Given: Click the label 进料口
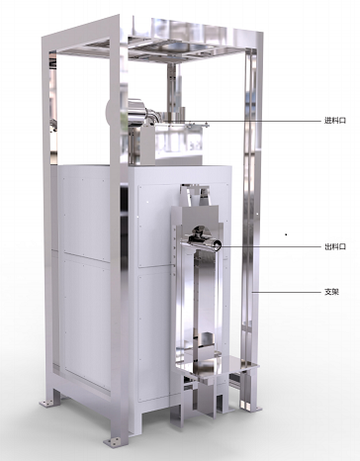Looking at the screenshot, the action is click(x=335, y=121).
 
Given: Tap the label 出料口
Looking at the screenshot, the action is click(x=335, y=246).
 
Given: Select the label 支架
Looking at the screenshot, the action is click(x=331, y=292).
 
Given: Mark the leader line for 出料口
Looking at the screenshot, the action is click(x=269, y=246).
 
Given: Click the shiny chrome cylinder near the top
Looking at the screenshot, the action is click(x=137, y=112).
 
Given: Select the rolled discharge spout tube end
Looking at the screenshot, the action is click(x=217, y=245).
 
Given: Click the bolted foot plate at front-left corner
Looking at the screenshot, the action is click(x=113, y=441).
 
